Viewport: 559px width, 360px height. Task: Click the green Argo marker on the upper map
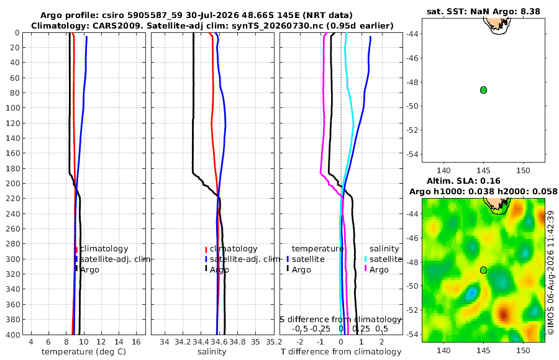click(483, 90)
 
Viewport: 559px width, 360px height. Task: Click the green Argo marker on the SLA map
click(483, 270)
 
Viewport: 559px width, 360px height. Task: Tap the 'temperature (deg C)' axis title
click(84, 352)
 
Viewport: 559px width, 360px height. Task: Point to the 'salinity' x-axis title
click(212, 352)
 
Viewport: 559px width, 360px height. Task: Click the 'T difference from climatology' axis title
click(341, 352)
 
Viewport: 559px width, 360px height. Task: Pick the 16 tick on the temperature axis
click(136, 341)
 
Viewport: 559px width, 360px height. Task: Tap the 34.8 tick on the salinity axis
click(237, 341)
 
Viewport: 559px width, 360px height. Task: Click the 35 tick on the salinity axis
click(256, 341)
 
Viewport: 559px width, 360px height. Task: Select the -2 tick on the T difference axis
click(300, 341)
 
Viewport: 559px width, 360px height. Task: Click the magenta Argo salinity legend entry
click(379, 270)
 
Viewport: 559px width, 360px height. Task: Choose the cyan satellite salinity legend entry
click(385, 259)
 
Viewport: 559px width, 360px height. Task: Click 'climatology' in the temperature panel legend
click(104, 249)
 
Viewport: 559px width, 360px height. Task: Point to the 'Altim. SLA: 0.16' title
click(463, 181)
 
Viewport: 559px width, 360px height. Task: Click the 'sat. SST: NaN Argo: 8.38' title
click(483, 11)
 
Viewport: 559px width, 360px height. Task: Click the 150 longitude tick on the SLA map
click(524, 350)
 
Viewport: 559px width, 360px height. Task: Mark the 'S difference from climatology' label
click(340, 319)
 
